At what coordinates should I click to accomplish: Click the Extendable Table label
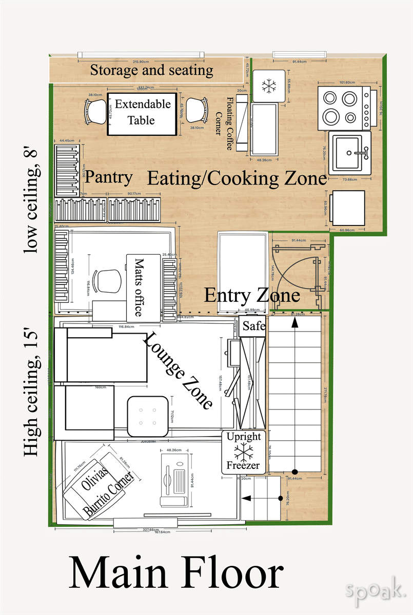point(142,112)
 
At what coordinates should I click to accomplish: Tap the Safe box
point(253,326)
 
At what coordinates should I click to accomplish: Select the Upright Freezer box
point(244,452)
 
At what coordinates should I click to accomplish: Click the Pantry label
point(109,177)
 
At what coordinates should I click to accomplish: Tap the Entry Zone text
point(252,296)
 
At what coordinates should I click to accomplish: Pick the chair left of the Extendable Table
point(96,111)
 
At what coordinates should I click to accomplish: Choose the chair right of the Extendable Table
point(197,110)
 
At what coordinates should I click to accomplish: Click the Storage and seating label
point(151,70)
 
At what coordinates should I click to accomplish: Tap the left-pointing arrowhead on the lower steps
point(245,498)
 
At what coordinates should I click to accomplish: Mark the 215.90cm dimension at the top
point(140,61)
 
